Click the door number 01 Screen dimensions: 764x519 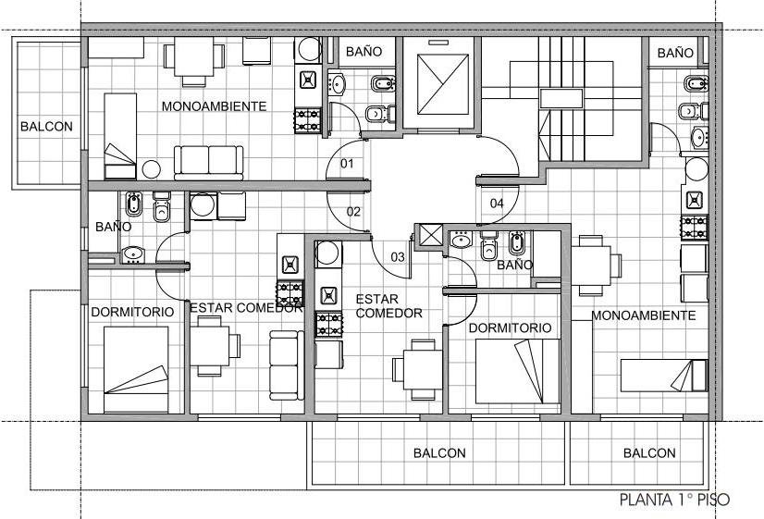347,163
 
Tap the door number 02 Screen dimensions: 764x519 353,212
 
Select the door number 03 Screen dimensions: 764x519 398,257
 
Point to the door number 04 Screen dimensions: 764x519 497,204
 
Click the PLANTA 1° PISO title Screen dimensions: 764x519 675,500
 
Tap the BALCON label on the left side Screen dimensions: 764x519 46,127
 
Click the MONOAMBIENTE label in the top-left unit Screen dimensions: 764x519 214,106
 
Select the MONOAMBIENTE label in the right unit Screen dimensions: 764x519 644,315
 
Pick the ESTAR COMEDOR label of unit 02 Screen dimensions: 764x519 246,308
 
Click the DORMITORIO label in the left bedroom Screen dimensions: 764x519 132,312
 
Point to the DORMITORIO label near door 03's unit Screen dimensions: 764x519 511,328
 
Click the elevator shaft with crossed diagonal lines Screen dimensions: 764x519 443,84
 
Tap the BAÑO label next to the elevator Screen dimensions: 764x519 364,51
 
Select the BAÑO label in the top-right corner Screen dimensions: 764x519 675,53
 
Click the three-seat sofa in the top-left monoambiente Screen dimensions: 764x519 208,163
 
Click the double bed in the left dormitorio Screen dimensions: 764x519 137,369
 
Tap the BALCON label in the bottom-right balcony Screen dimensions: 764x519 649,453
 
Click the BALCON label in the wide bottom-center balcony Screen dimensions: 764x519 439,453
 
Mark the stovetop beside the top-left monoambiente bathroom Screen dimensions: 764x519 307,121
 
